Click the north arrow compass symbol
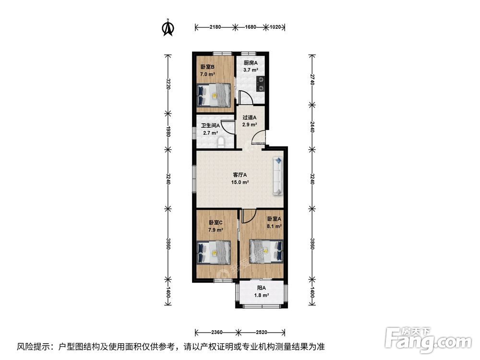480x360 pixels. tap(168, 27)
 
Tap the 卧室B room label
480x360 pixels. tap(207, 67)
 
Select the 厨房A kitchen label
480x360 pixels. tap(251, 63)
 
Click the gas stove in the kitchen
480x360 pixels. tap(261, 84)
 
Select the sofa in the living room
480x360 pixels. tap(278, 176)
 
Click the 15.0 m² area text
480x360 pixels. tap(240, 182)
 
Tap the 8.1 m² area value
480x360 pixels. tap(274, 226)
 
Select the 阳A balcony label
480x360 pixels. tap(261, 288)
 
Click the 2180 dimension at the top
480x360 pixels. tap(215, 27)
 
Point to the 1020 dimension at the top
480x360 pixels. tap(275, 27)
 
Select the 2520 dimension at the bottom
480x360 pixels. tap(262, 332)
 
